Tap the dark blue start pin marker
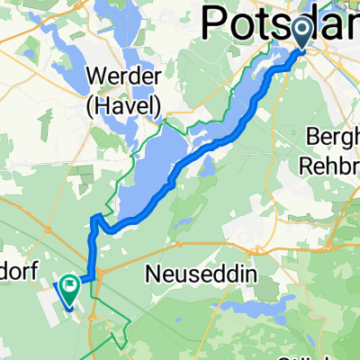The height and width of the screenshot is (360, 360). pos(301,34)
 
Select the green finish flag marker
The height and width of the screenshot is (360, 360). pos(68,288)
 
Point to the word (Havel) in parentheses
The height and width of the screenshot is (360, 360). pos(124,107)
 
